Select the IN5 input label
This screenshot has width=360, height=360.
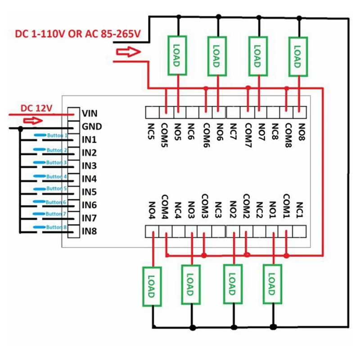89,192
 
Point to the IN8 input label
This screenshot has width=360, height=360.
89,232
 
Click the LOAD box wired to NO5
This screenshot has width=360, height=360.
176,55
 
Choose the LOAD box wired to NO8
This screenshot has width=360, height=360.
297,55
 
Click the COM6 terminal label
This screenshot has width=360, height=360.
206,134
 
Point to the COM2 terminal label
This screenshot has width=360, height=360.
246,205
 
